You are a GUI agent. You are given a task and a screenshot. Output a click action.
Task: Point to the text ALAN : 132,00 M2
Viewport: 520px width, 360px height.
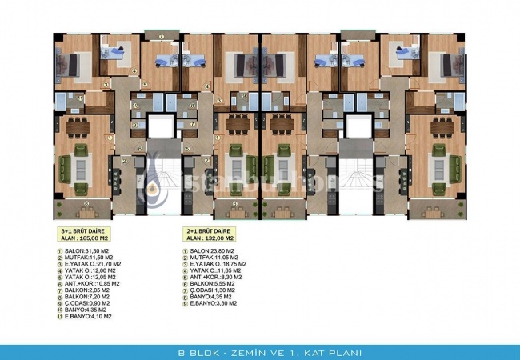208,238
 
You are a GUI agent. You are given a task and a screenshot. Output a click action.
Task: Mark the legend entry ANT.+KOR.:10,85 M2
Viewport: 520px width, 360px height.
94,283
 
